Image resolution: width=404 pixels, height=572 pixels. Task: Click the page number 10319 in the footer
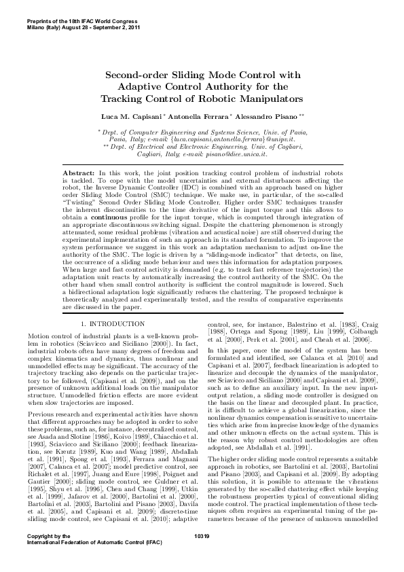coord(202,555)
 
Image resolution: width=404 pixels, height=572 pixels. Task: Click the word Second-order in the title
coord(132,75)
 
